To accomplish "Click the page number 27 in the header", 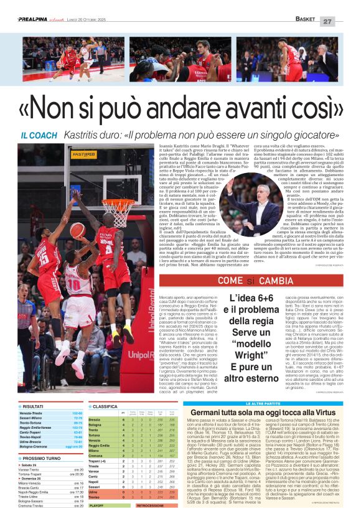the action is (x=344, y=21).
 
